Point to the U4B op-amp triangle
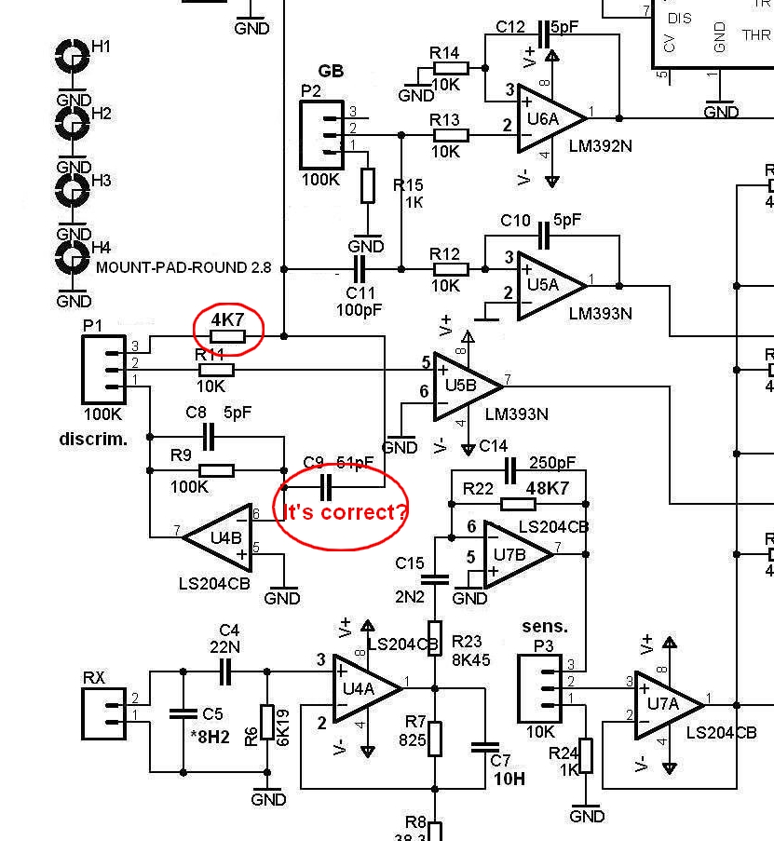218,536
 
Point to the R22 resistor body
518,505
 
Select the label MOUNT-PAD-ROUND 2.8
183,267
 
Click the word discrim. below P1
93,438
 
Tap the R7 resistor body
434,739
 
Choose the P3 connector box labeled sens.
540,688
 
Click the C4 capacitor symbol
224,671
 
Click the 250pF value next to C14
551,463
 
